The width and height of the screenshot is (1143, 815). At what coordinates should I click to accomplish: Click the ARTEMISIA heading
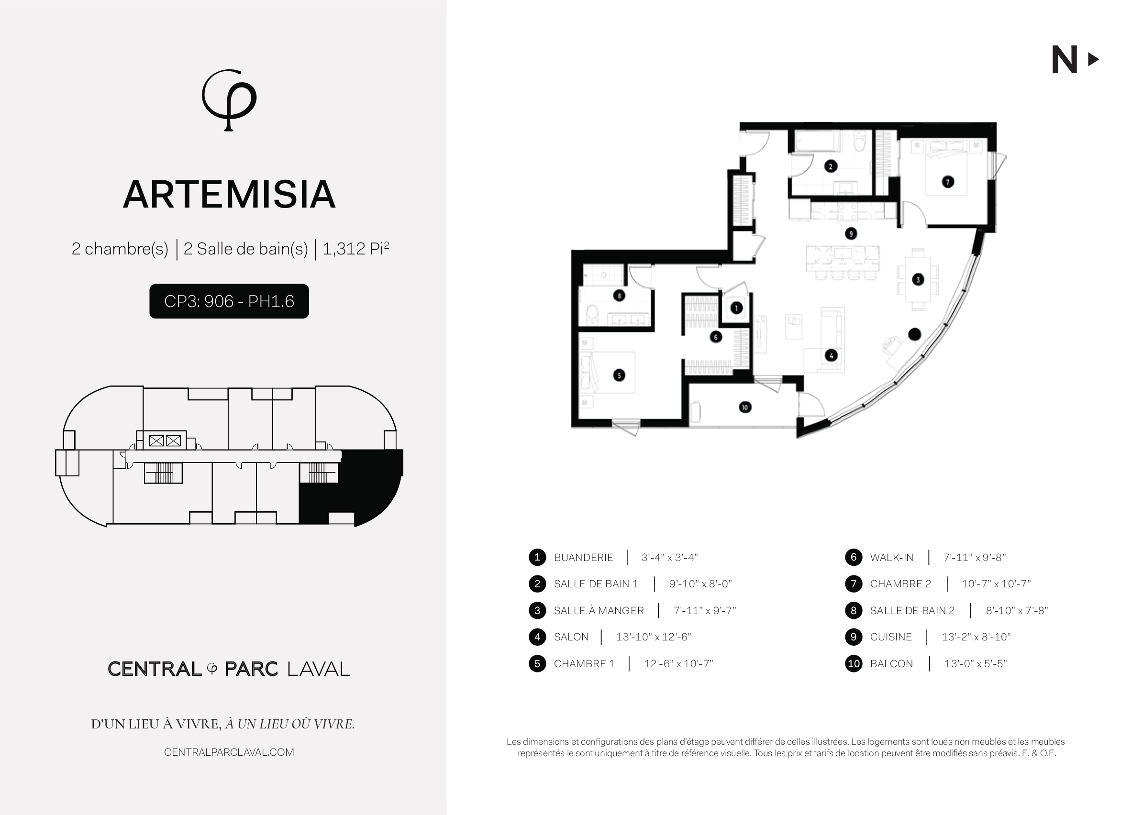coord(229,195)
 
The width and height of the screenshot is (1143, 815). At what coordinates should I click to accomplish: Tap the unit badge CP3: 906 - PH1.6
coord(229,301)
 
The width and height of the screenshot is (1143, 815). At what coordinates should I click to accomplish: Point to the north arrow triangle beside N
coord(1093,60)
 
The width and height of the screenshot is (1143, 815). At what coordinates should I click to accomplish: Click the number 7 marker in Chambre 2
coord(948,182)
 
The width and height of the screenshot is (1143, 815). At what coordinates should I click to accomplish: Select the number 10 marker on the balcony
coord(745,407)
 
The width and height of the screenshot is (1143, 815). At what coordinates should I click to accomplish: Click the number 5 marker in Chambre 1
coord(619,375)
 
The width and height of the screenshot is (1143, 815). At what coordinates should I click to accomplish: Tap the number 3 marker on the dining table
coord(918,279)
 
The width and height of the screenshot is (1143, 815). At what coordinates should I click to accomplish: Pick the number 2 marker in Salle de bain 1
coord(831,166)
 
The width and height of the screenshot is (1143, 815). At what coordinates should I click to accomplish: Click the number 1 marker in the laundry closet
coord(736,308)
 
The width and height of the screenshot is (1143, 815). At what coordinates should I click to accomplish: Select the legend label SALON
coord(571,637)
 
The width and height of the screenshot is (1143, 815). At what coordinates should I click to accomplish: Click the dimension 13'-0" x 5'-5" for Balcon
coord(976,663)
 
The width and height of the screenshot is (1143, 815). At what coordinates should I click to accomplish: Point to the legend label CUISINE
coord(890,637)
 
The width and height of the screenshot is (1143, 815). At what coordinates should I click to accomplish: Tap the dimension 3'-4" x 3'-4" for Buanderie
coord(670,557)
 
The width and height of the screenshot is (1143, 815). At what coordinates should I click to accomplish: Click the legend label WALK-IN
coord(891,557)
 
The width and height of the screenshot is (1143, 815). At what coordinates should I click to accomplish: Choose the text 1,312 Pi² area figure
coord(356,248)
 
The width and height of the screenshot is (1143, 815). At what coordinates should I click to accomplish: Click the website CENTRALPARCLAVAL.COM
coord(229,752)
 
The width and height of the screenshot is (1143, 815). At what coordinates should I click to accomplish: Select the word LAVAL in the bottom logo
coord(318,669)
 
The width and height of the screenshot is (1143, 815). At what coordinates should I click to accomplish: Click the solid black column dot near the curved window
coord(915,334)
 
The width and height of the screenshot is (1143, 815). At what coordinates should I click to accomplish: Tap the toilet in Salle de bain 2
coord(592,315)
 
